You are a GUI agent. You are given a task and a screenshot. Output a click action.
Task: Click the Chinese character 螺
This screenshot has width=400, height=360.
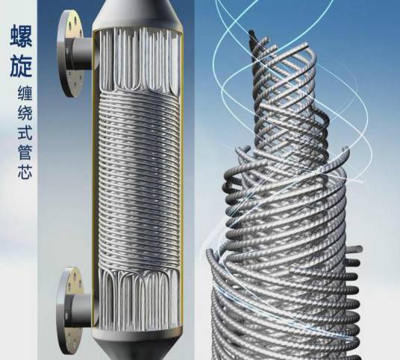[22, 36]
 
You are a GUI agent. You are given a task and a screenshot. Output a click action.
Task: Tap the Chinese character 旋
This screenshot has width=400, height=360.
[22, 66]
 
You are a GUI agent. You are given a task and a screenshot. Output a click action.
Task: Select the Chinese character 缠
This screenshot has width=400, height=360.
[25, 93]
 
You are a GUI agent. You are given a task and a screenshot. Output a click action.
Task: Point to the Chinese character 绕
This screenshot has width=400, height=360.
[25, 113]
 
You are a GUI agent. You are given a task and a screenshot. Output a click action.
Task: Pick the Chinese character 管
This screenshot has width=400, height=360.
[25, 152]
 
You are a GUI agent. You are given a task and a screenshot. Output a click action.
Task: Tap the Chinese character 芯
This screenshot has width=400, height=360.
[25, 171]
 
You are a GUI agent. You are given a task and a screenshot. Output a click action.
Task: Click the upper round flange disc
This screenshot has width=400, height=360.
[70, 54]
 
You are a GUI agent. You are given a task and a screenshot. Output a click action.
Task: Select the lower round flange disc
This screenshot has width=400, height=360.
[69, 311]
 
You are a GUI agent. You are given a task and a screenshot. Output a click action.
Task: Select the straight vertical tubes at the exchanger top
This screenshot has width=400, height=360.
[138, 59]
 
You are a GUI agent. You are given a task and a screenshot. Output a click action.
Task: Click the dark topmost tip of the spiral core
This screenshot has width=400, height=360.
[252, 34]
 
